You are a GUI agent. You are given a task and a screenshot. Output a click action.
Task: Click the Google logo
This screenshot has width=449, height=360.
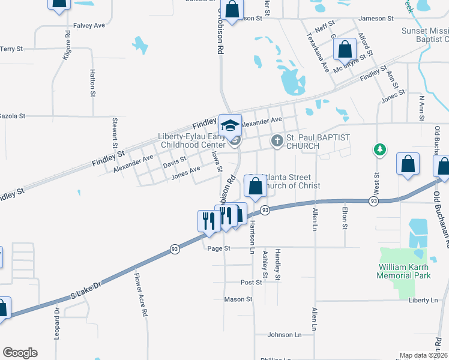(20, 353)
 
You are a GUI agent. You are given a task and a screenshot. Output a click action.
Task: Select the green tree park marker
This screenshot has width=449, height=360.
(379, 148)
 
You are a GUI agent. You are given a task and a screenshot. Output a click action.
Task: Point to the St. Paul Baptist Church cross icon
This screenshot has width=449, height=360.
(277, 142)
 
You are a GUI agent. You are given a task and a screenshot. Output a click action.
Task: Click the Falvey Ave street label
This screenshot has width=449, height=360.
(89, 25)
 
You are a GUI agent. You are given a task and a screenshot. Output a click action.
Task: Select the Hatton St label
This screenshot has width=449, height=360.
(92, 83)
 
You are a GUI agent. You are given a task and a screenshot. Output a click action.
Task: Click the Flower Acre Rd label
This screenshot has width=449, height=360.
(141, 295)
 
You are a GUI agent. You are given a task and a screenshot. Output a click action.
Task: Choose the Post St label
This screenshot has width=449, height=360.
(252, 282)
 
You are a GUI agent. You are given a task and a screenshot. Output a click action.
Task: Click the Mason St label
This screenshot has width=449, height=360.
(238, 299)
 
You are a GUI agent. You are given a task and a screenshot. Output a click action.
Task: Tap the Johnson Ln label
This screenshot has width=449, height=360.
(284, 335)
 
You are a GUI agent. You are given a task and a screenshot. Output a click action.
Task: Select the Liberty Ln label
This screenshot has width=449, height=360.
(424, 300)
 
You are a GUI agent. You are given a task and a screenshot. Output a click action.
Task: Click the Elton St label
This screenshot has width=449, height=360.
(344, 218)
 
